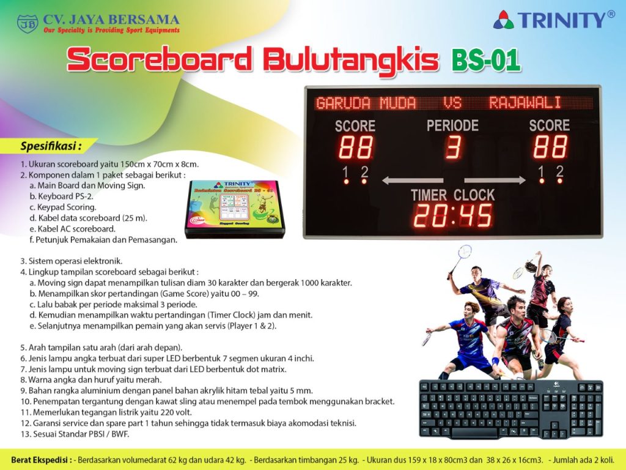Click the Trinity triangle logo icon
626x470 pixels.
coord(504,20)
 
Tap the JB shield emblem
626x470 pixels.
coord(27,24)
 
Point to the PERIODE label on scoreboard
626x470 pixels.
coord(452,126)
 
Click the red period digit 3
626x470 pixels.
coord(453,147)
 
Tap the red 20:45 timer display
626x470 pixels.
coord(453,215)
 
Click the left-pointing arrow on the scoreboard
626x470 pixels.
coord(412,180)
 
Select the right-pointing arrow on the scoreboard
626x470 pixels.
coord(495,180)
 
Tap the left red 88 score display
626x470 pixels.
coord(356,147)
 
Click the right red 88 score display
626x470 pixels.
coord(550,147)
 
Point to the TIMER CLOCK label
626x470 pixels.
coord(452,195)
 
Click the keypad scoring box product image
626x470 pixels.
coord(236,208)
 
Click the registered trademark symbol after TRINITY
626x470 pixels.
coord(610,15)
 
